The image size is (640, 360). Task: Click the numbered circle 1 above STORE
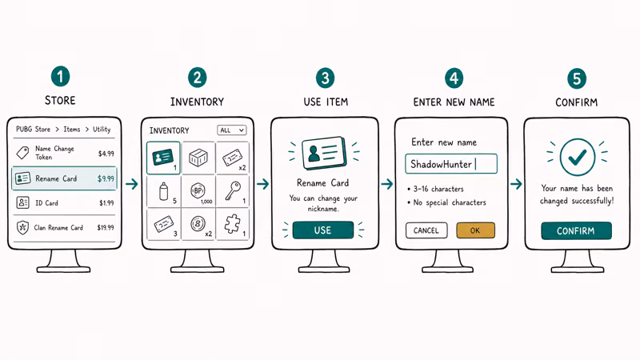click(x=61, y=76)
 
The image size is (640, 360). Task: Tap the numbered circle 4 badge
click(x=454, y=78)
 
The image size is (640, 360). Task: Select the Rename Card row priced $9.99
click(x=65, y=178)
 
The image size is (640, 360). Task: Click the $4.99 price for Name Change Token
click(x=106, y=154)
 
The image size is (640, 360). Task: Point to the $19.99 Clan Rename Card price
click(x=106, y=227)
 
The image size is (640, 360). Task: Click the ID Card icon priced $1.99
click(x=23, y=202)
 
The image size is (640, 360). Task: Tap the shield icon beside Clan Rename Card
click(x=22, y=227)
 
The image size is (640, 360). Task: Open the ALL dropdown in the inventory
click(x=231, y=130)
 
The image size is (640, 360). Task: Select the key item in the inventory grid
click(x=234, y=190)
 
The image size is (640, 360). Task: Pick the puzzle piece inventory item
click(x=233, y=224)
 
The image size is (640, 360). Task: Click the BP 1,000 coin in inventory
click(x=198, y=190)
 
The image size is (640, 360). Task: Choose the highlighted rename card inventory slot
click(x=163, y=158)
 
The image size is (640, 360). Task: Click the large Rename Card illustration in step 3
click(x=324, y=153)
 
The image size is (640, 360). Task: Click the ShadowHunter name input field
click(x=451, y=164)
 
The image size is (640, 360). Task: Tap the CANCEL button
click(x=426, y=230)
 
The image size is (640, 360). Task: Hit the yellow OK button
click(x=475, y=230)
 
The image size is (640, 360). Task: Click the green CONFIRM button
click(x=576, y=230)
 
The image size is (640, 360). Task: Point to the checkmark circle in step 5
click(x=577, y=157)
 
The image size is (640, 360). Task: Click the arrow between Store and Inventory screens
click(x=131, y=184)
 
